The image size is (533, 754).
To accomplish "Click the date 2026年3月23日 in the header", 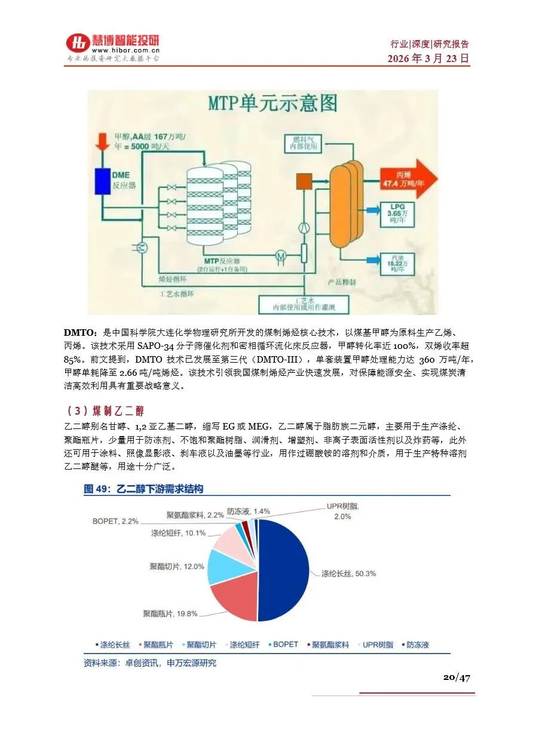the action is coord(428,59).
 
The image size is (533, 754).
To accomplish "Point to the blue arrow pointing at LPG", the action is coord(373,209).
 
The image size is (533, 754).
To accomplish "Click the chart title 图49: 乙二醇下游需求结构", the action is coord(143,489).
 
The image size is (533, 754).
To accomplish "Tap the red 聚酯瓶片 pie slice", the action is coord(230,597).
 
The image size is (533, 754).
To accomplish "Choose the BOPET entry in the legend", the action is coord(284,645).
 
